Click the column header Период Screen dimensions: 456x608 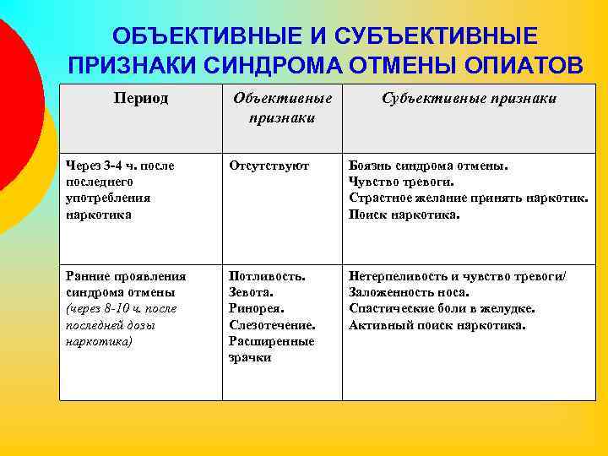tap(141, 99)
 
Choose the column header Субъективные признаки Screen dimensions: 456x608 tap(469, 99)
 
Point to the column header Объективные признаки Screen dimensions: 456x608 tap(282, 108)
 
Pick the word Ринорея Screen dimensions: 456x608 tap(256, 308)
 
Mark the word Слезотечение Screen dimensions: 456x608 tap(272, 325)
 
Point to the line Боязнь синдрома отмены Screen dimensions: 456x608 tap(428, 166)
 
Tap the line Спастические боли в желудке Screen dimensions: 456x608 tap(442, 308)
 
